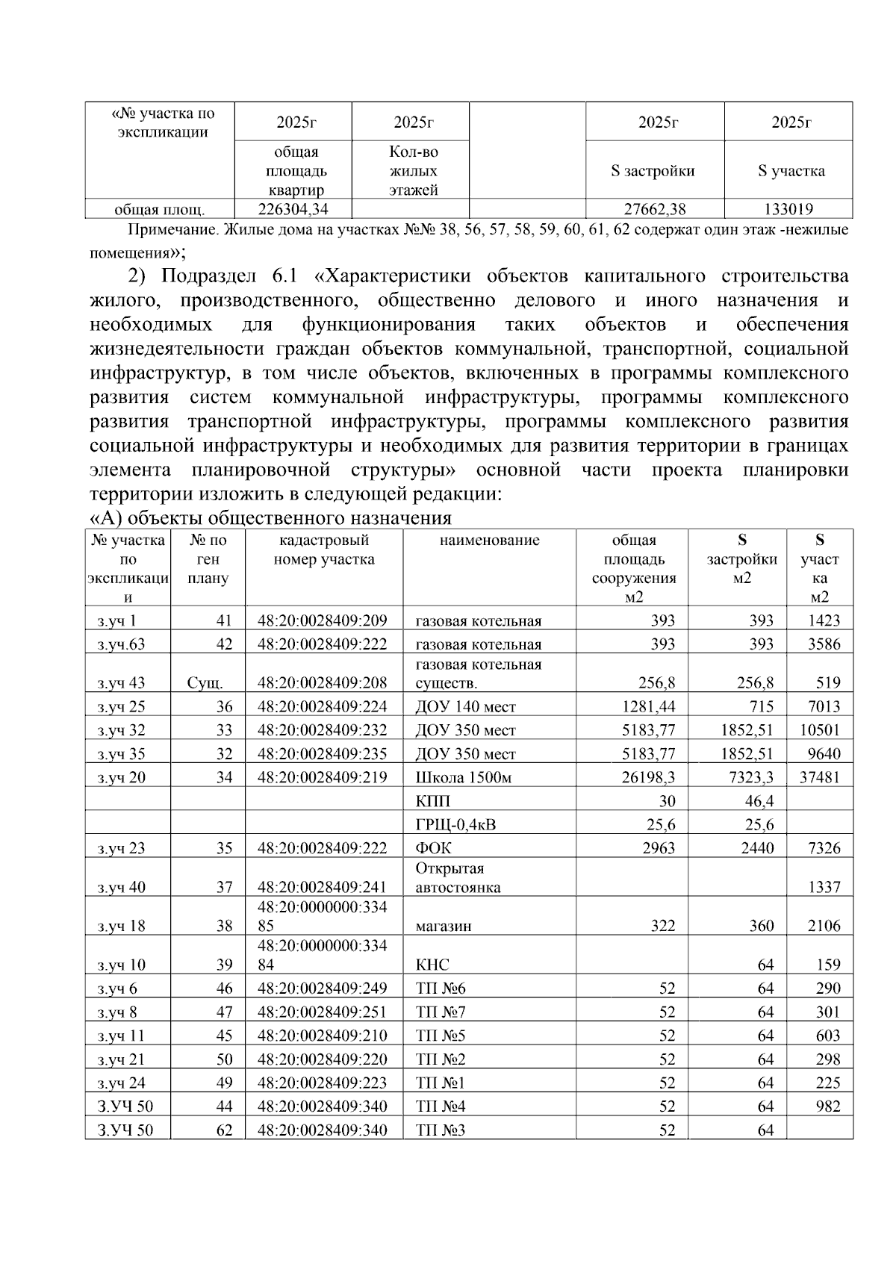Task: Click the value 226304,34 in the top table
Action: tap(293, 209)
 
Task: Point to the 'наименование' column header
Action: tap(489, 540)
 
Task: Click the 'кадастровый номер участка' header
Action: tap(324, 550)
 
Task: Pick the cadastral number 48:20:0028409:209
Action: tap(323, 620)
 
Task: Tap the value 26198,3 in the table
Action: tap(648, 777)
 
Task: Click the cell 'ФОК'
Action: tap(433, 848)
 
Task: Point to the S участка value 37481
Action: tap(819, 777)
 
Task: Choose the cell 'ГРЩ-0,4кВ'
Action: tap(455, 824)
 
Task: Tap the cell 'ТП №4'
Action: tap(441, 1106)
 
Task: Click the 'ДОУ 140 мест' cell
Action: tap(465, 706)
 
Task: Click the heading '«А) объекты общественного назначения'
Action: tap(271, 517)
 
